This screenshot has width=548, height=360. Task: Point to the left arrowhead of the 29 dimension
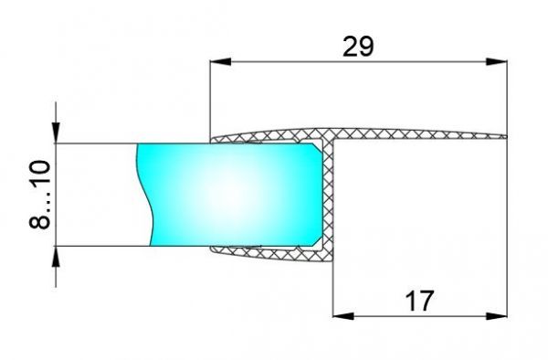click(x=218, y=63)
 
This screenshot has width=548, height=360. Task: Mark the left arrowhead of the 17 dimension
click(x=340, y=316)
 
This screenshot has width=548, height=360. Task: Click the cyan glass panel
click(x=228, y=194)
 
